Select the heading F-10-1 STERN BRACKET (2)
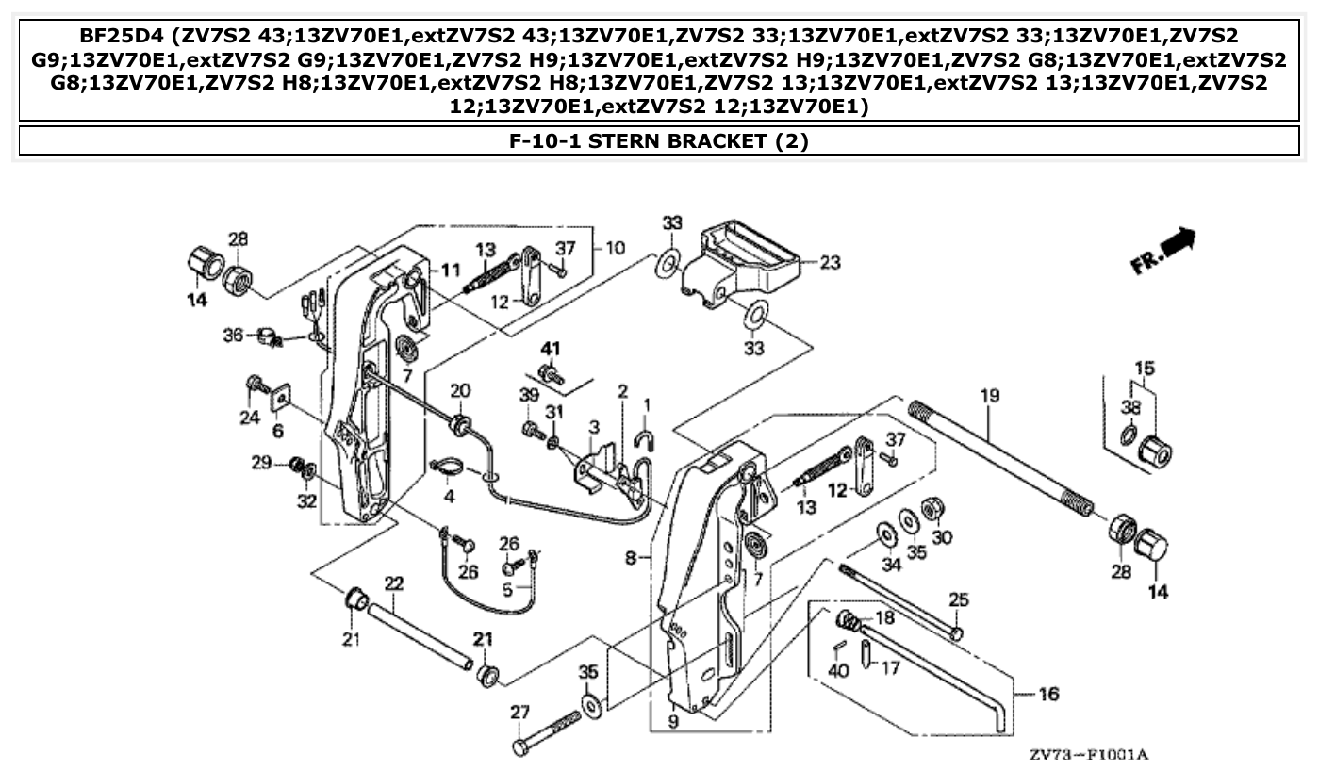pyautogui.click(x=659, y=141)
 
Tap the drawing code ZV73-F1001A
pyautogui.click(x=1088, y=755)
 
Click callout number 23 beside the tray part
pyautogui.click(x=829, y=263)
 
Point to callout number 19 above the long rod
pyautogui.click(x=988, y=396)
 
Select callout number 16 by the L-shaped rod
pyautogui.click(x=1047, y=695)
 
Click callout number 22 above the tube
pyautogui.click(x=393, y=583)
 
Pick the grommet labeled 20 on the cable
pyautogui.click(x=461, y=425)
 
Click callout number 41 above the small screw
pyautogui.click(x=551, y=349)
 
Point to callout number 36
pyautogui.click(x=232, y=335)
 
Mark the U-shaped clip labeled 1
pyautogui.click(x=646, y=437)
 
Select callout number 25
pyautogui.click(x=958, y=599)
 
